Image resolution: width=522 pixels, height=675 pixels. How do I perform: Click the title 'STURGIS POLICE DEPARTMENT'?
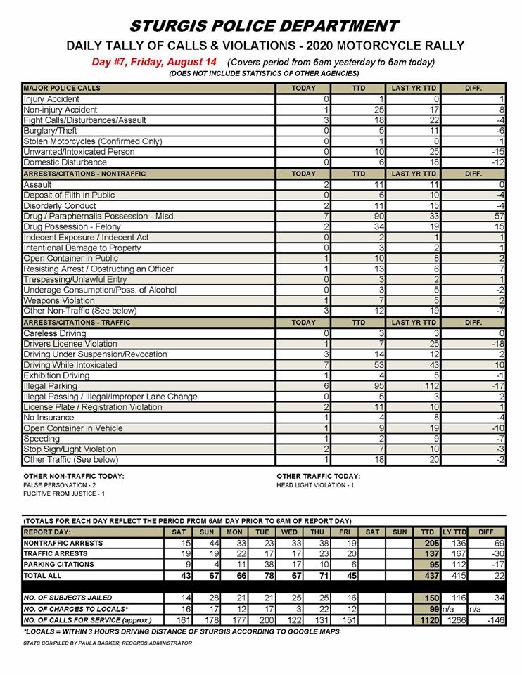[x=265, y=27]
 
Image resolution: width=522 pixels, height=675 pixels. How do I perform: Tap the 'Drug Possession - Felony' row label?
[x=72, y=226]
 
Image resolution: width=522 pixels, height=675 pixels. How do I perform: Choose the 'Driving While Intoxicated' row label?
[x=70, y=365]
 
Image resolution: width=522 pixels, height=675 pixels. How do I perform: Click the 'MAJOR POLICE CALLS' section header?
[x=62, y=89]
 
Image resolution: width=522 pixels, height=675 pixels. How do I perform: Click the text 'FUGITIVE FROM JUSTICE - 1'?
[x=64, y=494]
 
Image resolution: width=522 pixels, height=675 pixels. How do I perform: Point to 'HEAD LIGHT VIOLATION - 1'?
[x=315, y=485]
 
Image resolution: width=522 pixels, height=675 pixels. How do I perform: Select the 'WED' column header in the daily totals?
[x=290, y=532]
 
